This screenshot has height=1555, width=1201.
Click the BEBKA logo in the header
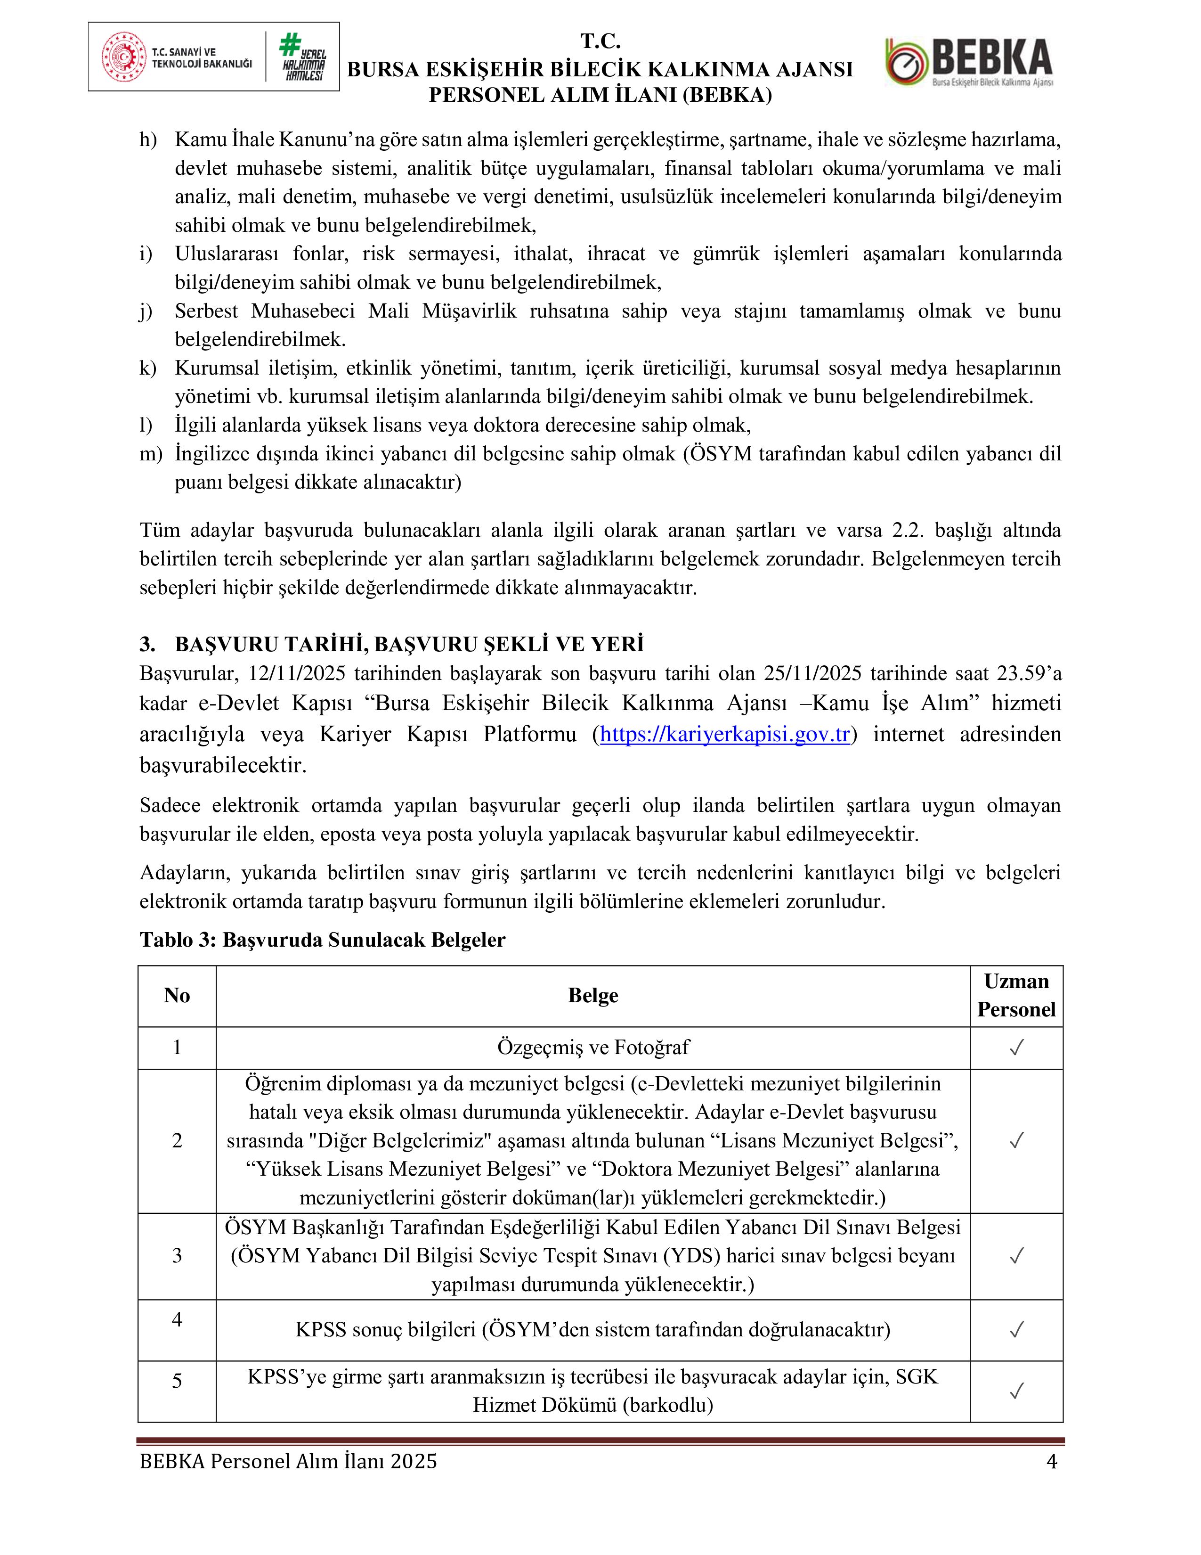coord(969,63)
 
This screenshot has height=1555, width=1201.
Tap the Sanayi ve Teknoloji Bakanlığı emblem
coord(125,57)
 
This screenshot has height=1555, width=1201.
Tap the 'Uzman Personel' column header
coord(1015,995)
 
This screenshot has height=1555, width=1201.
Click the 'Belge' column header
coord(592,995)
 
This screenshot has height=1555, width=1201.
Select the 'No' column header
coord(177,995)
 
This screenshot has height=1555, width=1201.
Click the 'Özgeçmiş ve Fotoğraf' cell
coord(592,1048)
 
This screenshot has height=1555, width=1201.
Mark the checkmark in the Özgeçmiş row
coord(1016,1048)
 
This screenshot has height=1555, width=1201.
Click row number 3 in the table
coord(177,1255)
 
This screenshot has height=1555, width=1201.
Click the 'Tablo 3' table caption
coord(322,940)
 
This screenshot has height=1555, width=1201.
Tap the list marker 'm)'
coord(151,454)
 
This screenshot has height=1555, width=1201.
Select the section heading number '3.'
coord(147,644)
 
